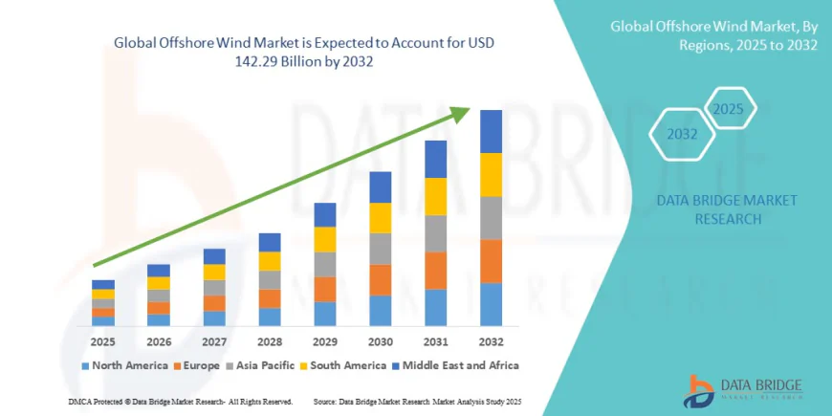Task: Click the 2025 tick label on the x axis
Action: click(103, 341)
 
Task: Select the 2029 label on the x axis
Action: click(325, 341)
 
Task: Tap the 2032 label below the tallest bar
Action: click(492, 341)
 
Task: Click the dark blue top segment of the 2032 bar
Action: click(492, 131)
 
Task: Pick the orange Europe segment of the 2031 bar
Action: click(436, 270)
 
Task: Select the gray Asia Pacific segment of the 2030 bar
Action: click(381, 249)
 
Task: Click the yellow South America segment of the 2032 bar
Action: click(492, 174)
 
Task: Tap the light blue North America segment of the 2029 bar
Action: click(325, 314)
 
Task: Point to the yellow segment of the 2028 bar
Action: click(270, 261)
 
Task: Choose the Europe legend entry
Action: click(198, 366)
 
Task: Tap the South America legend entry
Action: click(347, 366)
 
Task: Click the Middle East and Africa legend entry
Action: click(459, 366)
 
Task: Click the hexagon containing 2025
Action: click(728, 109)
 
